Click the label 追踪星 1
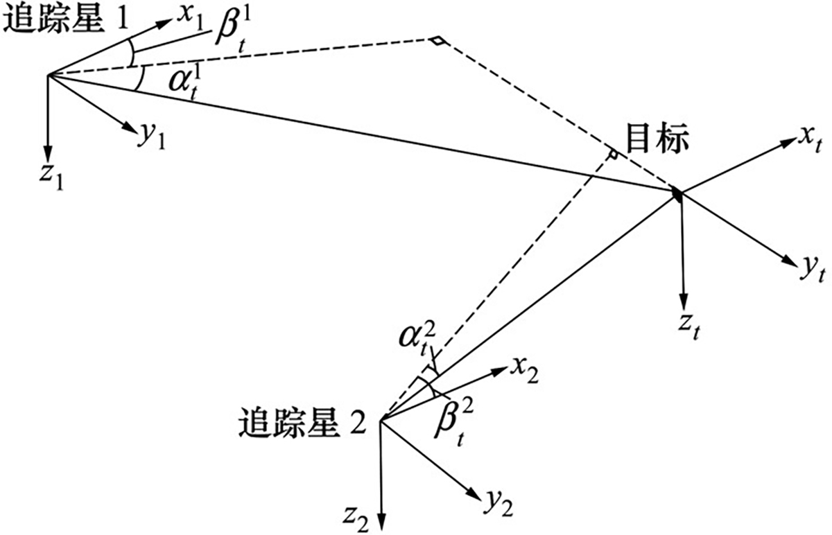click(x=66, y=19)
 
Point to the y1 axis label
click(x=153, y=137)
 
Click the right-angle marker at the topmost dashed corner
click(x=437, y=42)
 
